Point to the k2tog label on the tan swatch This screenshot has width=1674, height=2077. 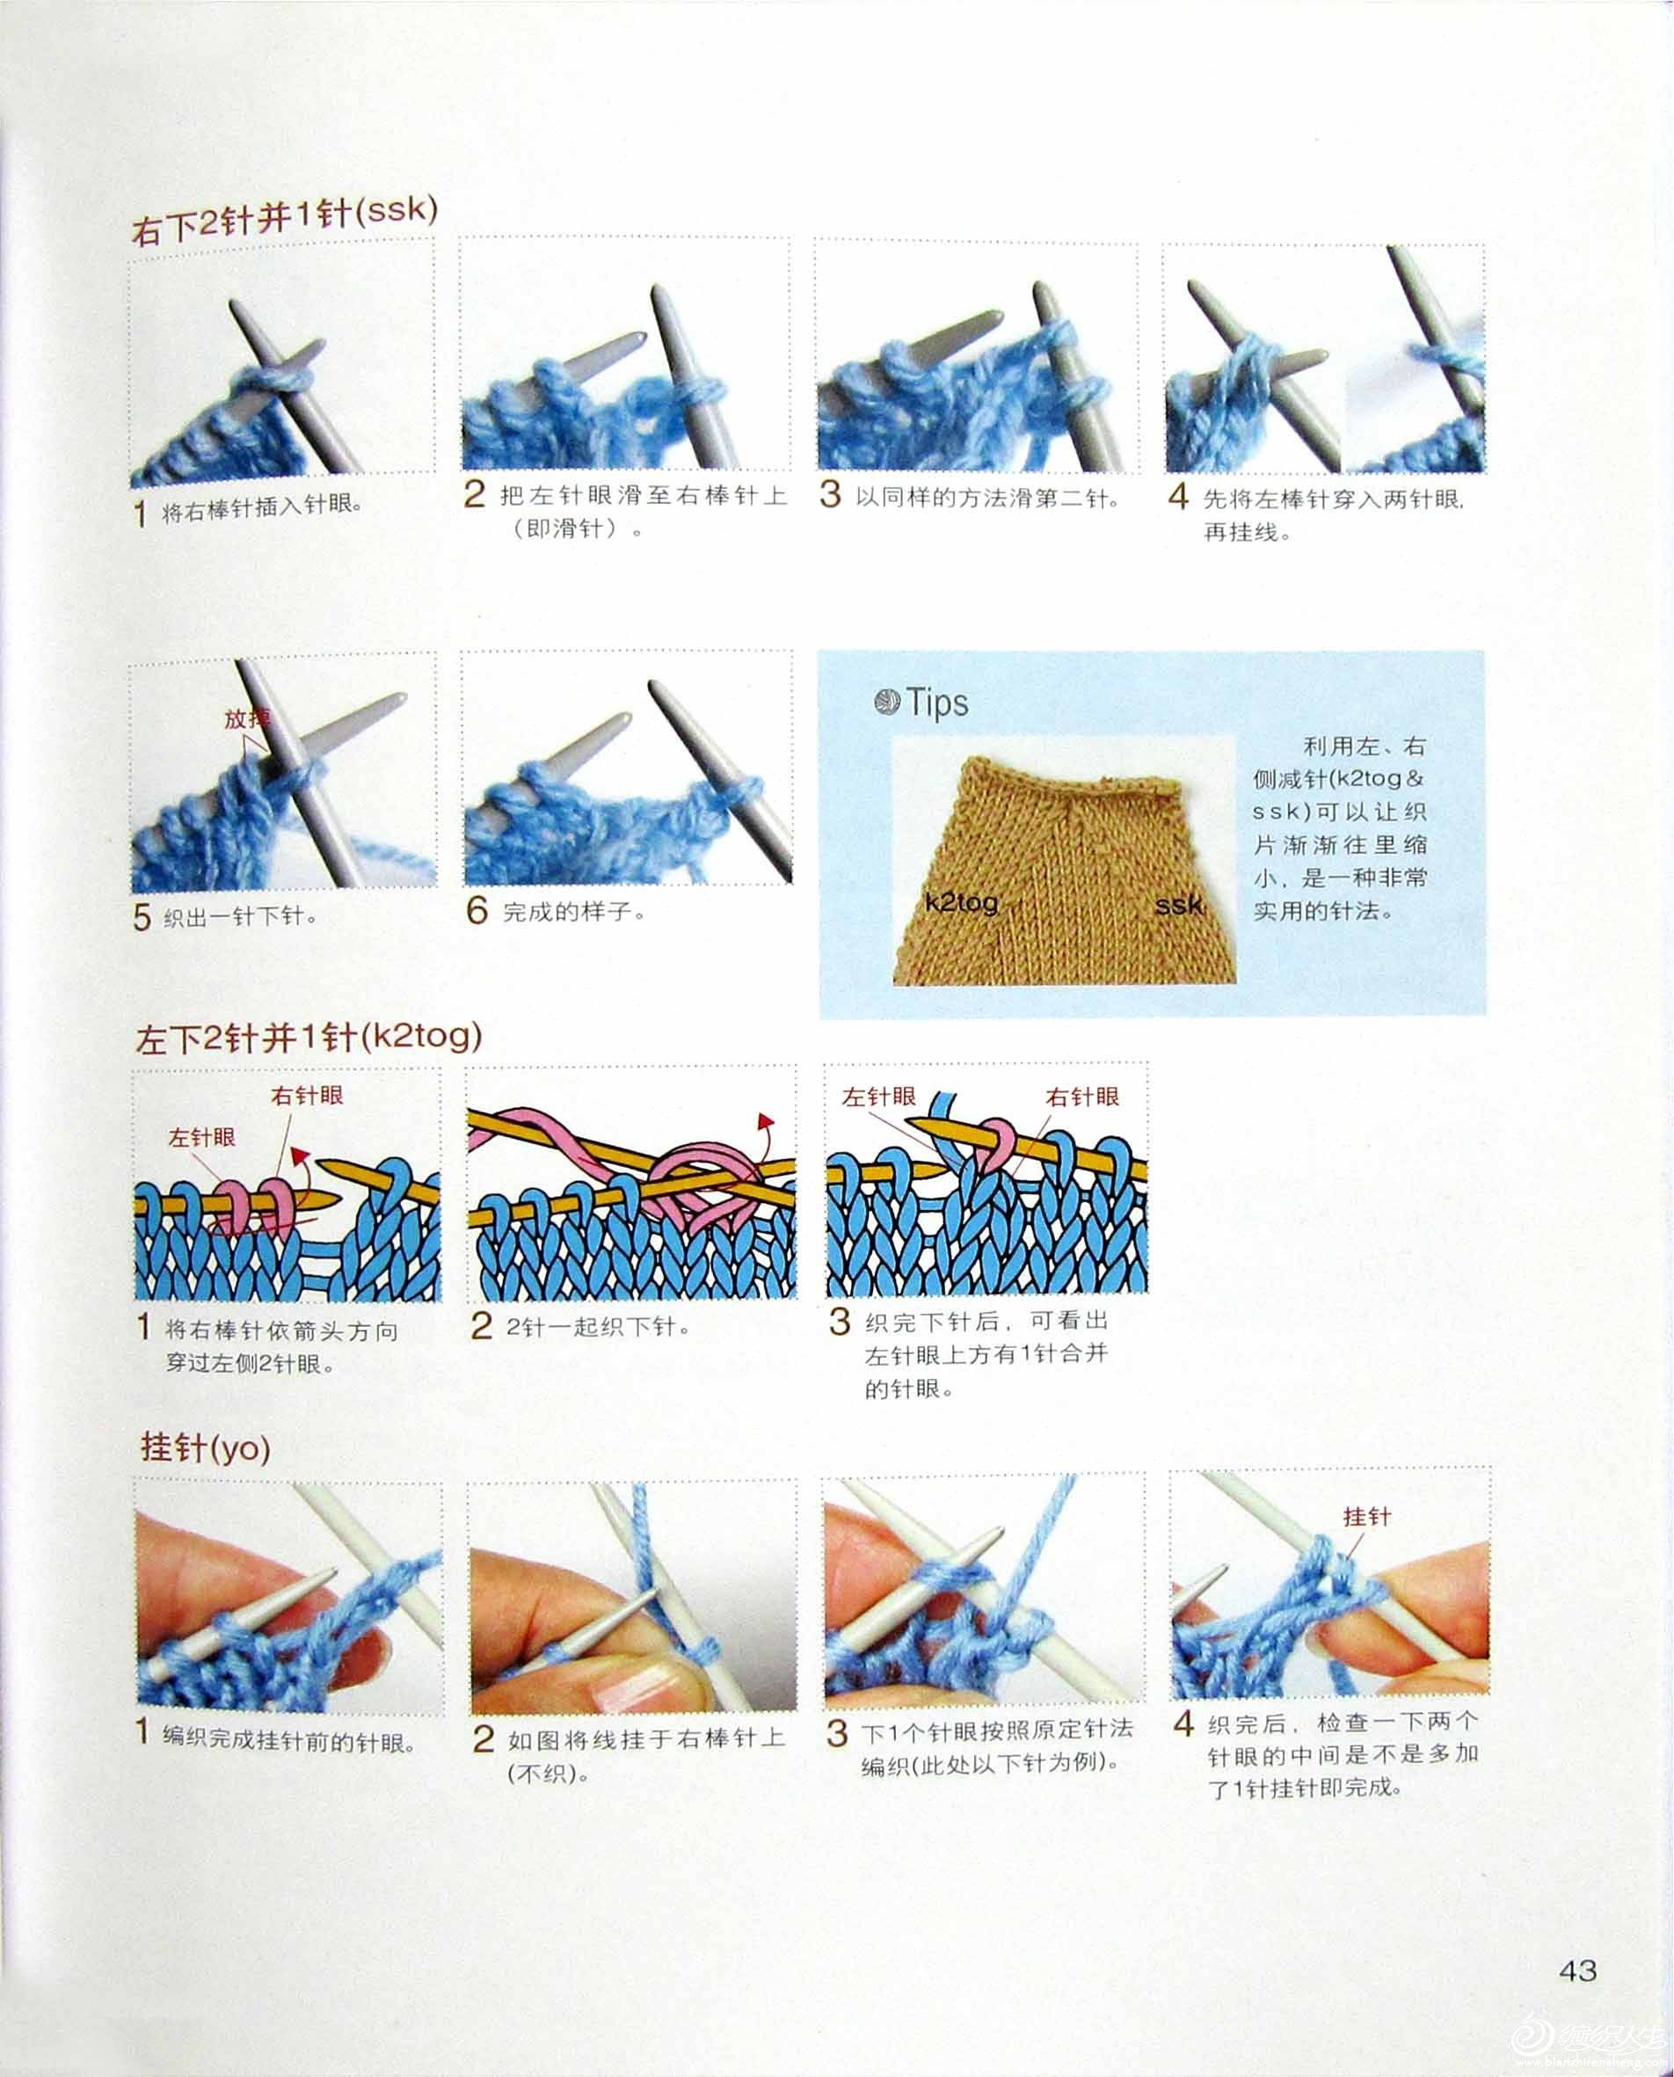(x=961, y=903)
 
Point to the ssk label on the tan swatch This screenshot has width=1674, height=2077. (x=1178, y=906)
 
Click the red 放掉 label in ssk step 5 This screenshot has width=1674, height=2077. (x=248, y=719)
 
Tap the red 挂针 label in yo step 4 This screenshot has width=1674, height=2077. (x=1367, y=1517)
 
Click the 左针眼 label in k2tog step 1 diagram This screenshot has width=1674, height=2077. (x=202, y=1139)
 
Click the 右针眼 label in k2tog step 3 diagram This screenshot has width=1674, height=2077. (x=1083, y=1097)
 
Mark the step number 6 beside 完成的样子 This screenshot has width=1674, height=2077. (x=477, y=910)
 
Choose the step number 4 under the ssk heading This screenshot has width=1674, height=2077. (x=1178, y=497)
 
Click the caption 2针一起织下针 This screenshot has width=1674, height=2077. (x=599, y=1327)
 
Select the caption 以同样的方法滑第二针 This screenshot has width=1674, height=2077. (x=988, y=499)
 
